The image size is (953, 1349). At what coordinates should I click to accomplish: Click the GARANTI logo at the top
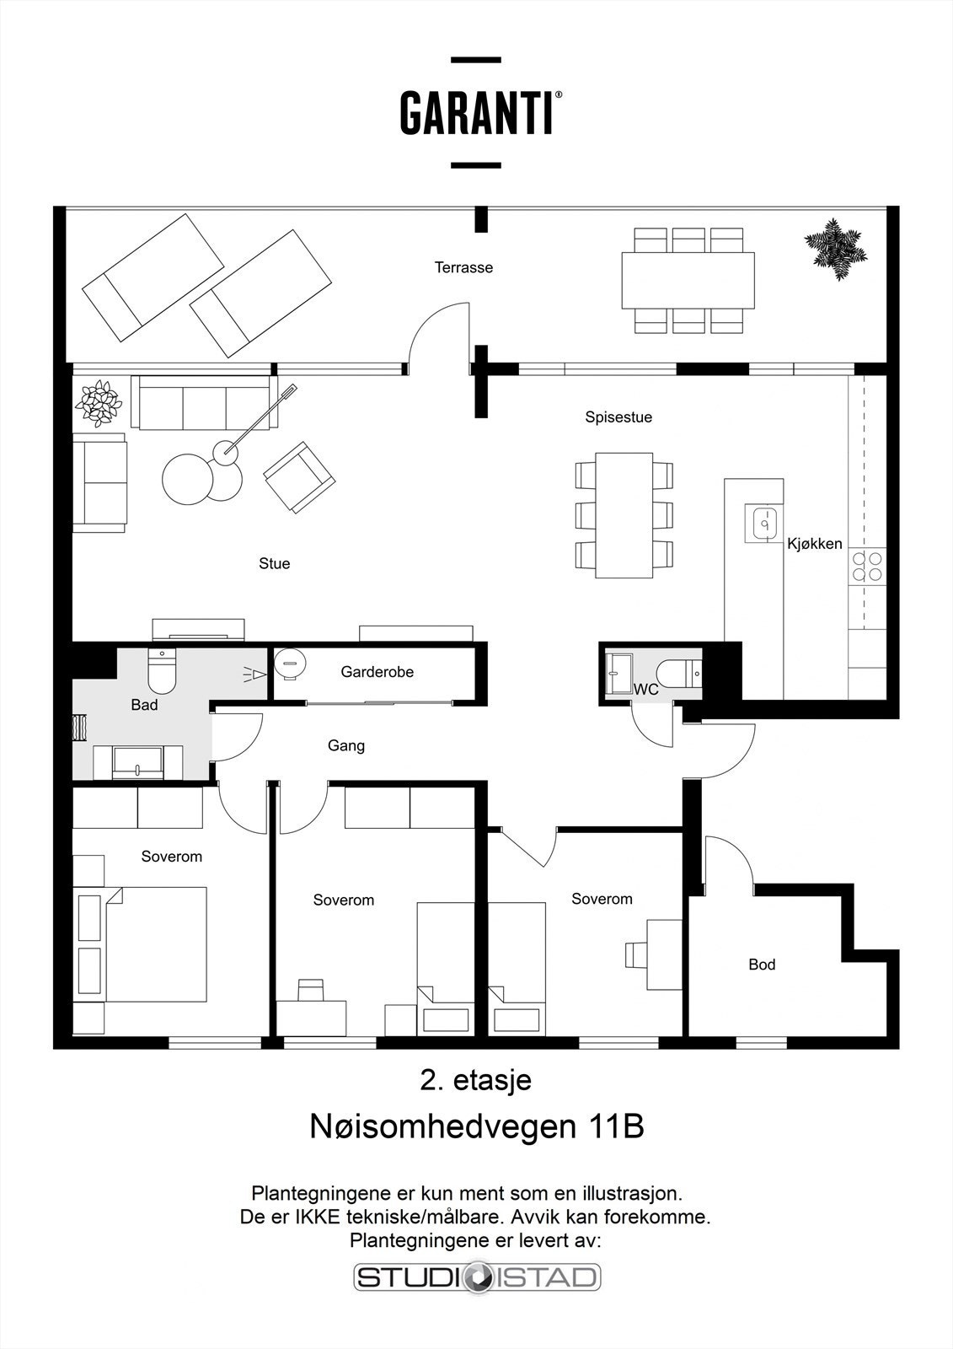point(477,114)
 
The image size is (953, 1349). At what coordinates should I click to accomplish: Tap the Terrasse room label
point(463,268)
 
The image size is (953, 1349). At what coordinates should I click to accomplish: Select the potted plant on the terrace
point(835,248)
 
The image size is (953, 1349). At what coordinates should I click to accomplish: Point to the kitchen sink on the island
point(764,524)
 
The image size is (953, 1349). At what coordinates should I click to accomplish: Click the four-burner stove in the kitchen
point(867,566)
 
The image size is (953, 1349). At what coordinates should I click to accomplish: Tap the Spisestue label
point(618,417)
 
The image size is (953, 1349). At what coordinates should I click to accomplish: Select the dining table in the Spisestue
point(624,515)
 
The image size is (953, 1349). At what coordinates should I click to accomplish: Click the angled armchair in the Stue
point(299,476)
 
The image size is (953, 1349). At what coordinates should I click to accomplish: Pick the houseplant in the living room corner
point(99,401)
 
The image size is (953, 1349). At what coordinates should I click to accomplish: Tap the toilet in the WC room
point(677,673)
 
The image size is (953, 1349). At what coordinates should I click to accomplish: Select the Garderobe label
point(377,672)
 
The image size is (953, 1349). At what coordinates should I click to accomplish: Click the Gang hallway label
point(346,745)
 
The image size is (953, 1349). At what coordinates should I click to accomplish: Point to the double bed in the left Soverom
point(155,943)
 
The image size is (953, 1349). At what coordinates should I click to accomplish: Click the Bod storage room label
point(762,965)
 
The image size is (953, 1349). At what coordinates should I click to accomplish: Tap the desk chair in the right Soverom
point(634,954)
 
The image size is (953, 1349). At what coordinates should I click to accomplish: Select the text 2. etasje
point(475,1080)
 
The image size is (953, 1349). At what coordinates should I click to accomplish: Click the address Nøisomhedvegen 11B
point(477,1126)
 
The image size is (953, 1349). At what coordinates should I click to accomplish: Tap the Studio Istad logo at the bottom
point(477,1276)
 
